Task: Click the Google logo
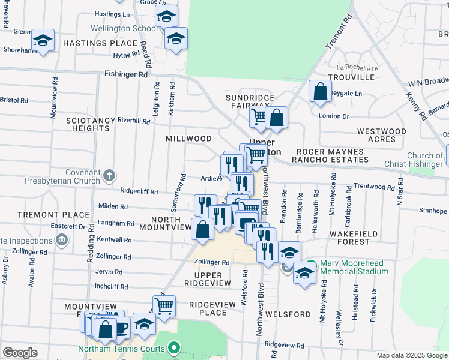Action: [x=20, y=353]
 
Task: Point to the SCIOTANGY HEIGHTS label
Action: [x=90, y=124]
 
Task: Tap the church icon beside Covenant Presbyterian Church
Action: [x=108, y=176]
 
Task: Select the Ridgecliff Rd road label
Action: [x=139, y=192]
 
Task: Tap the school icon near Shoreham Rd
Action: [x=43, y=41]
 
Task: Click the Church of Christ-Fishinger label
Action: [x=416, y=160]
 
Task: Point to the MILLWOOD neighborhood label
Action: [x=188, y=139]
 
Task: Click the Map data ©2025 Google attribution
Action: [x=412, y=355]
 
